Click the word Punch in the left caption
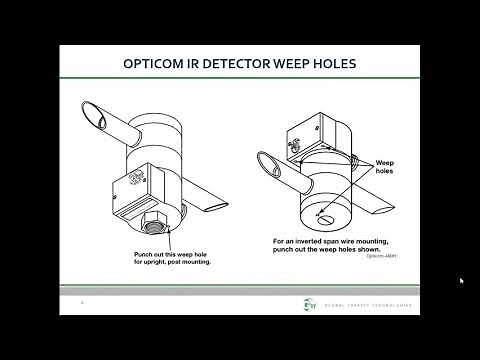[140, 254]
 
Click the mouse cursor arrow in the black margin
[460, 281]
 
